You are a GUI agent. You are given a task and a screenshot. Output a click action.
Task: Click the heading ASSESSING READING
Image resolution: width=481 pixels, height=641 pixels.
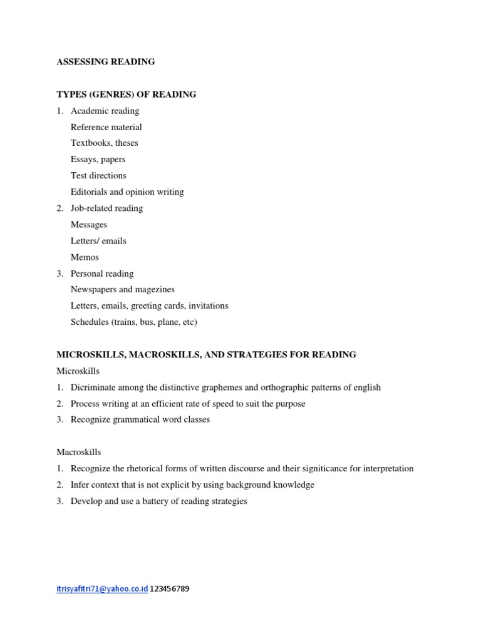click(x=106, y=62)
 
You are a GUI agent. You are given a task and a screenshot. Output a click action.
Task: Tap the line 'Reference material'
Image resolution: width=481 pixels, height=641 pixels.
click(x=106, y=127)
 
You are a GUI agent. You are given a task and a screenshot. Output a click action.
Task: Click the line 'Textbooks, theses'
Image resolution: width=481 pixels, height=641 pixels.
click(x=104, y=143)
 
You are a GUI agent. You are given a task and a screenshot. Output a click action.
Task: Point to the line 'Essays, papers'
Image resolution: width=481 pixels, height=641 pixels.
click(x=98, y=160)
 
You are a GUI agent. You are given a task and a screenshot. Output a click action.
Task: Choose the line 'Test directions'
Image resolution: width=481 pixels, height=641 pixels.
click(x=98, y=176)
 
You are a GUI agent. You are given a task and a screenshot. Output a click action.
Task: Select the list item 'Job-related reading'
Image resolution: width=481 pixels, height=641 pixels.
click(x=106, y=208)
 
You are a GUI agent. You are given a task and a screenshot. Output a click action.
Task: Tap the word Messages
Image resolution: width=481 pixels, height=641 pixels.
click(x=89, y=225)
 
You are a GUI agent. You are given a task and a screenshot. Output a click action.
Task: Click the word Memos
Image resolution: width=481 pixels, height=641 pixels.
click(x=85, y=257)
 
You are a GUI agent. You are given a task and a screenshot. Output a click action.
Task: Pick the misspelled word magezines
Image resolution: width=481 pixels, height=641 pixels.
click(x=153, y=290)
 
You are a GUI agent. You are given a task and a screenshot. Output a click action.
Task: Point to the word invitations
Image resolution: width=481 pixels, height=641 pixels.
click(x=205, y=306)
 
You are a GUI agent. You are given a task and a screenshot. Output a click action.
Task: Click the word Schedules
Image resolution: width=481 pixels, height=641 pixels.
click(x=90, y=322)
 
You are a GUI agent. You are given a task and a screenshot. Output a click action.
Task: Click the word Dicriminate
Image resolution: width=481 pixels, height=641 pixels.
click(x=93, y=387)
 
